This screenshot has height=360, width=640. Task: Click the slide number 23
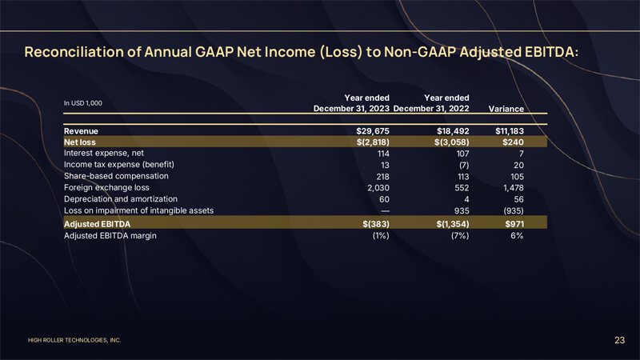tap(619, 341)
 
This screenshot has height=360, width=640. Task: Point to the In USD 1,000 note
tap(82, 102)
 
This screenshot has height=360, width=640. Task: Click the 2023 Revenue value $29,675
tap(371, 130)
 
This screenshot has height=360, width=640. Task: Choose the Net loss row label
tap(81, 142)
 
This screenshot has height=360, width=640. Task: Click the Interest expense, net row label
tap(103, 154)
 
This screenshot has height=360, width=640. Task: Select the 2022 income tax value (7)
tap(461, 165)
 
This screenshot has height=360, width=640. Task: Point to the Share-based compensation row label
tap(116, 176)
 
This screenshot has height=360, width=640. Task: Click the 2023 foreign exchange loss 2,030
tap(376, 187)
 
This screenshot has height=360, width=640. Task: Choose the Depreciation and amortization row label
tap(120, 198)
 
